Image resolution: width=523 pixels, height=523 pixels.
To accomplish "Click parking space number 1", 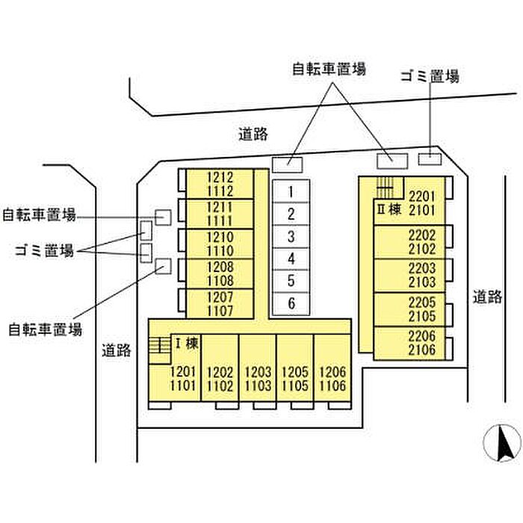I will (291, 191).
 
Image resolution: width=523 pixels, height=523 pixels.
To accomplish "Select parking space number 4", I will (291, 259).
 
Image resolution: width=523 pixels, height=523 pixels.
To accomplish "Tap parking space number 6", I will (291, 303).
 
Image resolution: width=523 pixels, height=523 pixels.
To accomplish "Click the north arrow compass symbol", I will (502, 444).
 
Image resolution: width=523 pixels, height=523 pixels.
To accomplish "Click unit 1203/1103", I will (258, 379).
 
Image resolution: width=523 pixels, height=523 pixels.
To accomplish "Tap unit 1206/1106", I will (332, 379).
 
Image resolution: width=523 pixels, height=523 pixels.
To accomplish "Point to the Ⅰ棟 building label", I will (186, 344).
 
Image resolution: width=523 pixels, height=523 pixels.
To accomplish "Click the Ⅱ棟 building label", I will (389, 210).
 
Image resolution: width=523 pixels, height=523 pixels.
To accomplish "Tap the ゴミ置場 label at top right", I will (429, 76).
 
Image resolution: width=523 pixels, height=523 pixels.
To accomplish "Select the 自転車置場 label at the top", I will (329, 69).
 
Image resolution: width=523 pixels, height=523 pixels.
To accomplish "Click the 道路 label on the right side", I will (487, 297).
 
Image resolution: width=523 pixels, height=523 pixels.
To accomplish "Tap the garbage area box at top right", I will (429, 158).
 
